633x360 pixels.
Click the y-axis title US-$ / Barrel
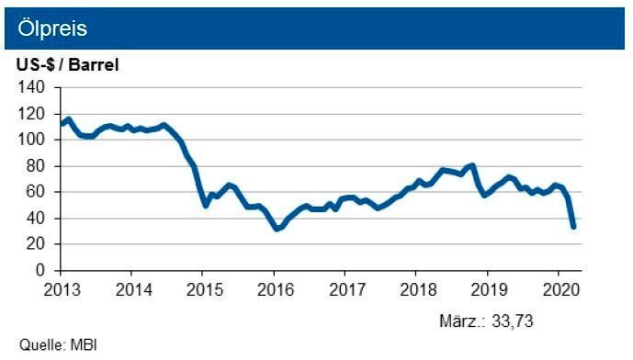(x=67, y=65)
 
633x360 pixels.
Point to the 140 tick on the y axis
(x=32, y=87)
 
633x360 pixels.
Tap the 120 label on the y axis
(x=32, y=114)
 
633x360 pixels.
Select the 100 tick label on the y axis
(x=32, y=140)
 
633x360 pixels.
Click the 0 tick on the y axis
(x=40, y=271)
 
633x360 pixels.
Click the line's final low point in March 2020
(x=573, y=226)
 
